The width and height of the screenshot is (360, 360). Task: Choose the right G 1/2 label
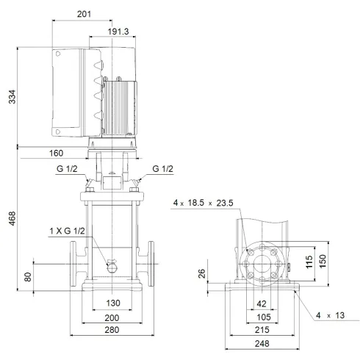coord(162,169)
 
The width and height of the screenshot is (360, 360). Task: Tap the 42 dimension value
coord(262,303)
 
